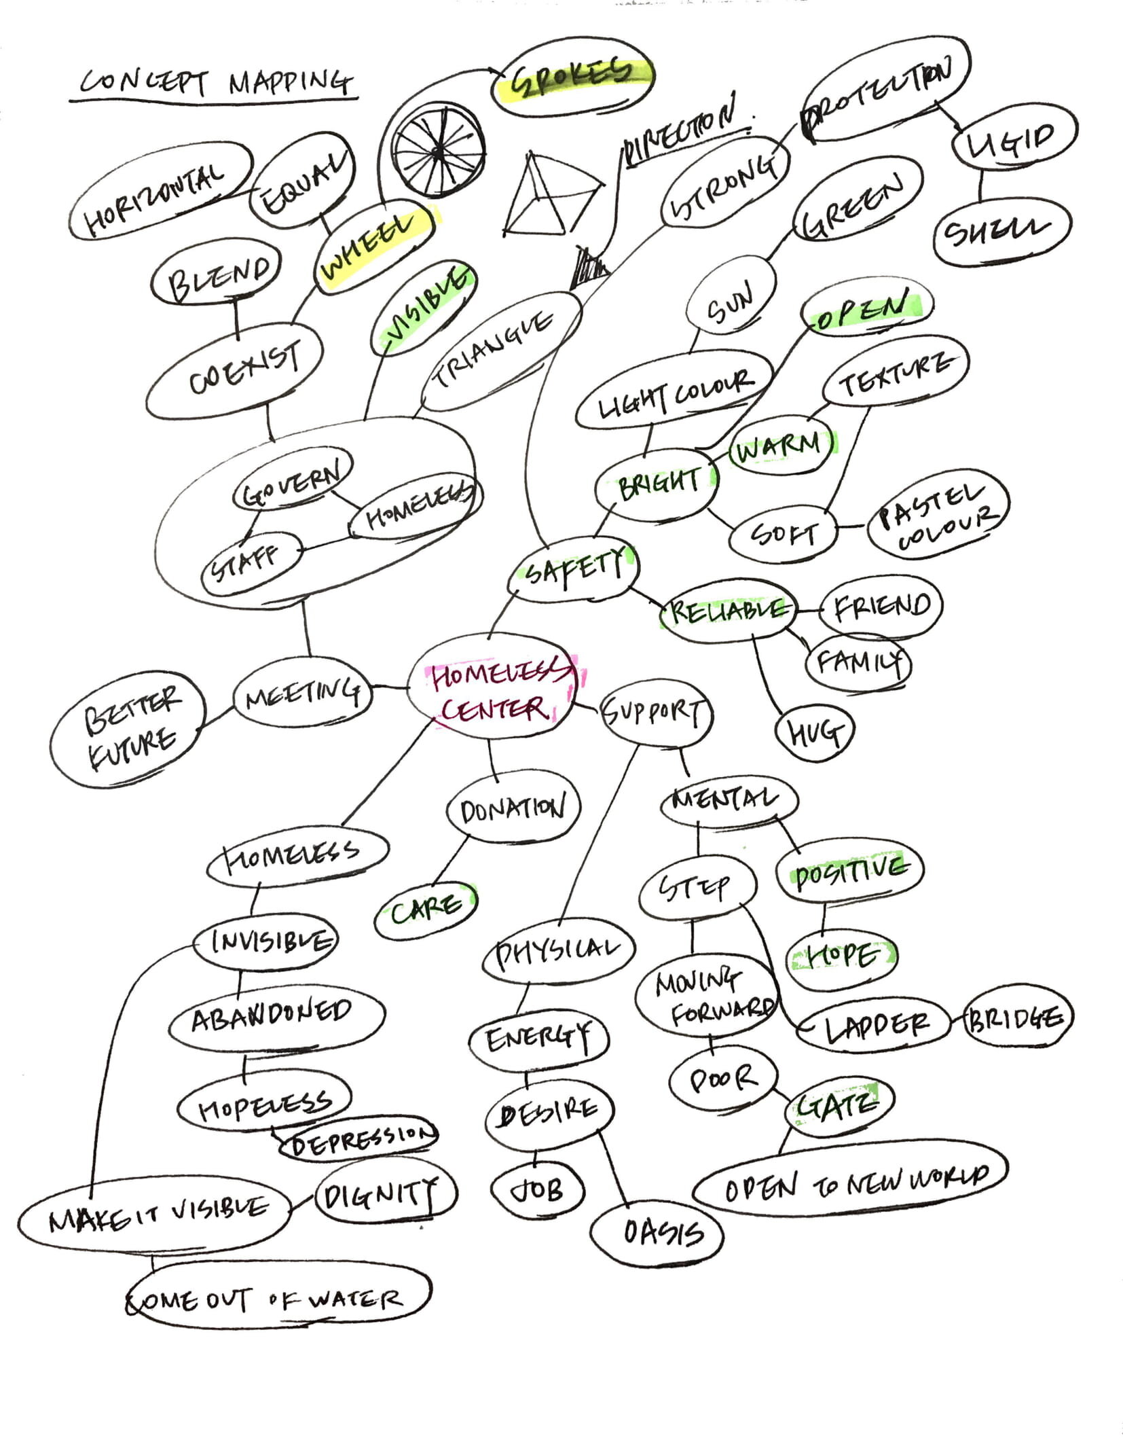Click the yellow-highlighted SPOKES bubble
pyautogui.click(x=574, y=75)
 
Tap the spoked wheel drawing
pyautogui.click(x=439, y=149)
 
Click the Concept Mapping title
pyautogui.click(x=215, y=83)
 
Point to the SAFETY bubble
pyautogui.click(x=574, y=568)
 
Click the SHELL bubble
pyautogui.click(x=1001, y=232)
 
